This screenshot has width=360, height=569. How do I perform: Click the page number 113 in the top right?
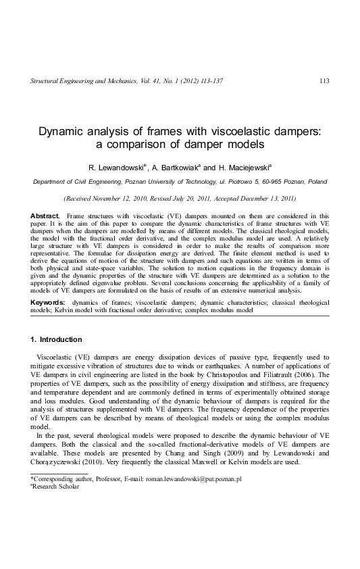pos(324,82)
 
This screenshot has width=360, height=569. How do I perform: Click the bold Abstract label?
pos(45,215)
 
